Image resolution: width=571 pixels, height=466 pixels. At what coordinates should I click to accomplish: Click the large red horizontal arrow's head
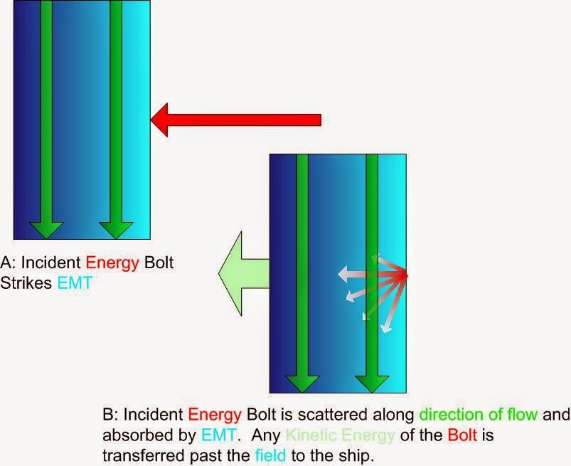tap(159, 120)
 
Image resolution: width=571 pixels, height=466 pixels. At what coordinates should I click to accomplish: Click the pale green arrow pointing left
tap(243, 274)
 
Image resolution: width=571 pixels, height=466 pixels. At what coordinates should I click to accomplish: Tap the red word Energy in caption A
tap(112, 263)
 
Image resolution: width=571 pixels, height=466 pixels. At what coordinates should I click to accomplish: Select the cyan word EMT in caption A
tap(75, 282)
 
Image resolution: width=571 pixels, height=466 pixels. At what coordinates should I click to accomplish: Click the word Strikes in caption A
tap(26, 282)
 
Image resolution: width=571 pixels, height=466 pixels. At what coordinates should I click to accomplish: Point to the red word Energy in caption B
tap(215, 415)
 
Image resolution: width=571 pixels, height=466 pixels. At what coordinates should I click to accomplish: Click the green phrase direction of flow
tap(478, 415)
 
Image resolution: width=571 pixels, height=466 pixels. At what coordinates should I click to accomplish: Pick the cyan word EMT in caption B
tap(218, 435)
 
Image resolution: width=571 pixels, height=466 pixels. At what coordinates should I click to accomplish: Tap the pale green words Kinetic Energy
tap(340, 435)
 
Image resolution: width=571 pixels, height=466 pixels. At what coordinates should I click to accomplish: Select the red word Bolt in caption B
tap(462, 435)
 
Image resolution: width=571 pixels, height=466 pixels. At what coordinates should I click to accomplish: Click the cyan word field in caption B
tap(270, 455)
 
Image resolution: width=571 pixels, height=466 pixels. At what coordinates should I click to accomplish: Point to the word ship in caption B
tap(356, 456)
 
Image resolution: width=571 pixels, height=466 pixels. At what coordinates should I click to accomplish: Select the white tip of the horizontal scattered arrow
tap(342, 274)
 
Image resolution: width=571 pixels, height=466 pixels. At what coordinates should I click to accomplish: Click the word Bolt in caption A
tap(159, 263)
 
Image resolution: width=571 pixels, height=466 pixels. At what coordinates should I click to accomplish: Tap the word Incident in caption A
tap(51, 263)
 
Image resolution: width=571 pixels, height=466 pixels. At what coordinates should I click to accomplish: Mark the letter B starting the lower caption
tap(108, 415)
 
